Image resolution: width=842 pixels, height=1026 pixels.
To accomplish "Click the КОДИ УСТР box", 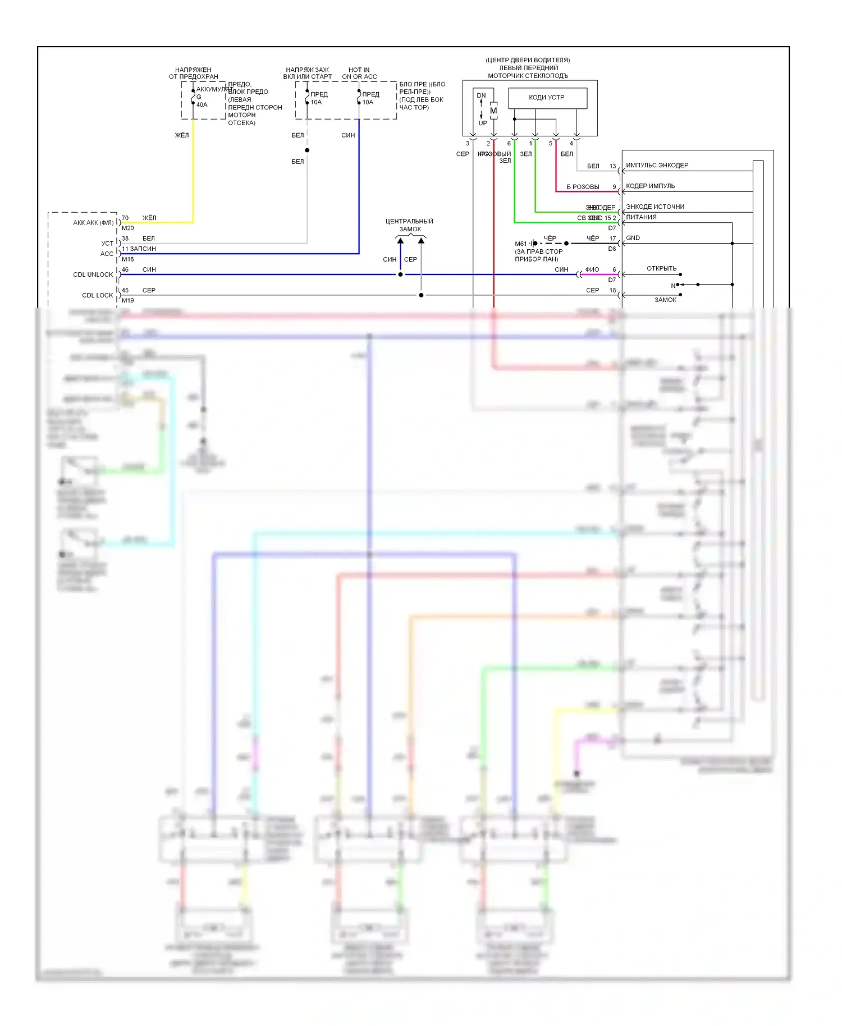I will pos(547,98).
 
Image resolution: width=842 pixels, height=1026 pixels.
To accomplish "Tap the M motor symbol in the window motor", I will pos(493,111).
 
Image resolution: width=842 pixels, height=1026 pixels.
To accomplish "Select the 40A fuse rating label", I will pos(202,104).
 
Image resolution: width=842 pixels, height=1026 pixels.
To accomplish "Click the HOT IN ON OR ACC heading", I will pos(359,74).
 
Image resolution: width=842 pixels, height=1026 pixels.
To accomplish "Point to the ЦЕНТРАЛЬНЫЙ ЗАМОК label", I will pos(410,225).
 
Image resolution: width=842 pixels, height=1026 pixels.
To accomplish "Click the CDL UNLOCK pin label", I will pos(93,274).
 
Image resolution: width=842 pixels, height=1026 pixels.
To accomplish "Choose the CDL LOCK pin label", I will pos(98,295).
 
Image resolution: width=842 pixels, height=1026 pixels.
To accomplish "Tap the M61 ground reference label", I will pos(521,244).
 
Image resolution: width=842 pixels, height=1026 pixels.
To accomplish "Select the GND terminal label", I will pos(633,238).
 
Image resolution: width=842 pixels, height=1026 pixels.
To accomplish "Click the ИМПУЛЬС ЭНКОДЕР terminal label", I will pos(657,166).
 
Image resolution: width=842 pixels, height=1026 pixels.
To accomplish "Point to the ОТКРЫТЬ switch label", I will pos(662,268).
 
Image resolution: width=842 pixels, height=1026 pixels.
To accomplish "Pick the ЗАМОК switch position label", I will pos(666,300).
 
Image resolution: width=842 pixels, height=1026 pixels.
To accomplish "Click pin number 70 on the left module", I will pos(125,218).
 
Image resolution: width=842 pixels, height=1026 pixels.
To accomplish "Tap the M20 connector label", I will pos(128,228).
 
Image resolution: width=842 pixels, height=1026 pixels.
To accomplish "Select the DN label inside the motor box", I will pos(482,95).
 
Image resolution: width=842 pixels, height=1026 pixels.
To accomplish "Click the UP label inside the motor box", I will pos(483,123).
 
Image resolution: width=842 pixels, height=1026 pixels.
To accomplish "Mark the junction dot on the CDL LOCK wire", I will pos(421,295).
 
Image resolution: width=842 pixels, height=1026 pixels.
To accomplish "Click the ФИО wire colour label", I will pos(592,269).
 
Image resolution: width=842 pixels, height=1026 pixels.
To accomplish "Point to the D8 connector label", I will pos(612,248).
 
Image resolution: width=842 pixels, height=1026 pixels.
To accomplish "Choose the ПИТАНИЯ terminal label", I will pos(641,217).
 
